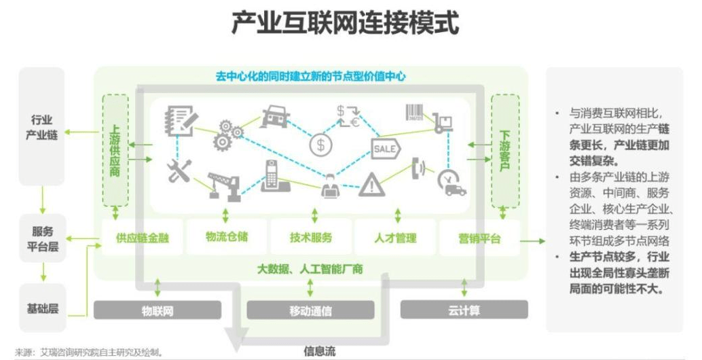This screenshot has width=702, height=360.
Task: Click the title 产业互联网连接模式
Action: tap(345, 23)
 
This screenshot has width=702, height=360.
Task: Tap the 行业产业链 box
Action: tap(42, 126)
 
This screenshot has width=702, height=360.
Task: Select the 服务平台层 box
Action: tap(42, 238)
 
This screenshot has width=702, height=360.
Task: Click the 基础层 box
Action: tap(42, 308)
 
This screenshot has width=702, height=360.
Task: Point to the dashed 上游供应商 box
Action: tap(115, 150)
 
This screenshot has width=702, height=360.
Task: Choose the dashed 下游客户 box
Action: tap(504, 150)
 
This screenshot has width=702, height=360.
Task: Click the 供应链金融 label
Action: tap(142, 238)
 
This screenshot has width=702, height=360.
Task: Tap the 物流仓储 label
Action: tap(227, 237)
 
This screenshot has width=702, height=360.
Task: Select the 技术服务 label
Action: tap(311, 238)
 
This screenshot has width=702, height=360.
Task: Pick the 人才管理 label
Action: tap(395, 238)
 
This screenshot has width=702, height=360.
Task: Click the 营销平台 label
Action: tap(479, 238)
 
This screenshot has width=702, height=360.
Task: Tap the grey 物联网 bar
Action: tap(158, 310)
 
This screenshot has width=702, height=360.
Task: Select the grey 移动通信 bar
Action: tap(310, 310)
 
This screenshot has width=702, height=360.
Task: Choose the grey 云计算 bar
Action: tap(464, 310)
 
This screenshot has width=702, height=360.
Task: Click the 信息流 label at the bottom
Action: tap(319, 352)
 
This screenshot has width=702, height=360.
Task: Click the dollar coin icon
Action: tap(320, 144)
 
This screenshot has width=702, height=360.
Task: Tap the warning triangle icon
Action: tap(371, 184)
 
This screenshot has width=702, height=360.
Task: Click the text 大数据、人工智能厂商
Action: tap(310, 268)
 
